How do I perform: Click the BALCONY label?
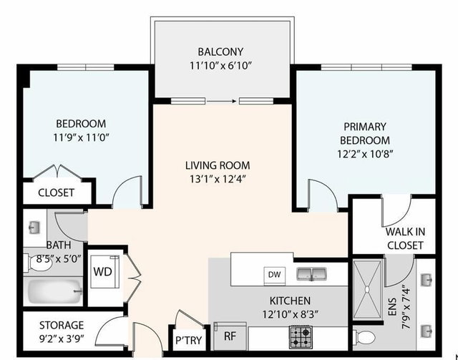tap(221, 52)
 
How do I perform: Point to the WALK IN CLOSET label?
tap(404, 239)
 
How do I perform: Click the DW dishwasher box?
tap(273, 274)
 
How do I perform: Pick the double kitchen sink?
tap(313, 273)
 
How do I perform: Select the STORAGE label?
tap(61, 324)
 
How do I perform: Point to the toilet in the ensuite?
tap(366, 337)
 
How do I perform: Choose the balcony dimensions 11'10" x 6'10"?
tap(221, 65)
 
